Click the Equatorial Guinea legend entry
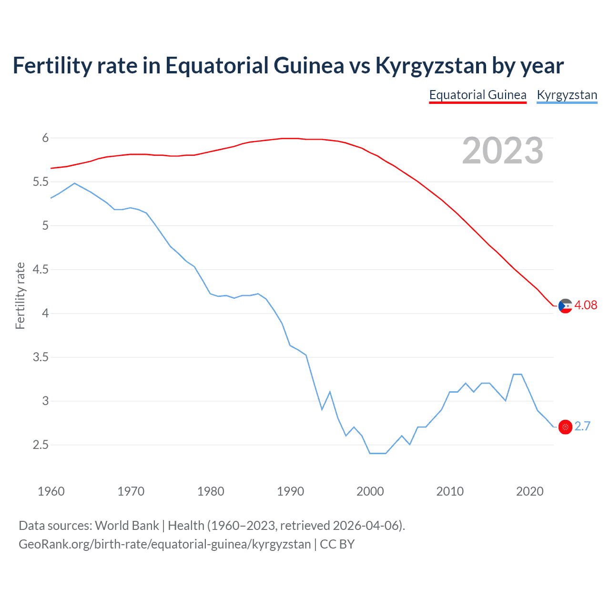tap(478, 95)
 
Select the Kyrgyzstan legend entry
tap(567, 95)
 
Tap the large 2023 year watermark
tap(502, 151)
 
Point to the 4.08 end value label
tap(586, 305)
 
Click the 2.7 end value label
tap(582, 427)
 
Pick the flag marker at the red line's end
tap(565, 306)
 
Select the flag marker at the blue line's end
tap(565, 427)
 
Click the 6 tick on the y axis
tap(45, 138)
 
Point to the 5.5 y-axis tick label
tap(41, 182)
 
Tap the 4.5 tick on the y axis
tap(41, 270)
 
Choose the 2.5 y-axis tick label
tap(41, 445)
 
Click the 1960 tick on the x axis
tap(51, 491)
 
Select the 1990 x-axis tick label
tap(290, 491)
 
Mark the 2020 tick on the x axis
tap(529, 491)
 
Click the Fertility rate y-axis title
tap(20, 295)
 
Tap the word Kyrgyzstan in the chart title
tap(431, 65)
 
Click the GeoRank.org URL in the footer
tap(164, 544)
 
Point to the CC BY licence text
tap(337, 544)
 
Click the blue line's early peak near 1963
tap(74, 183)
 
